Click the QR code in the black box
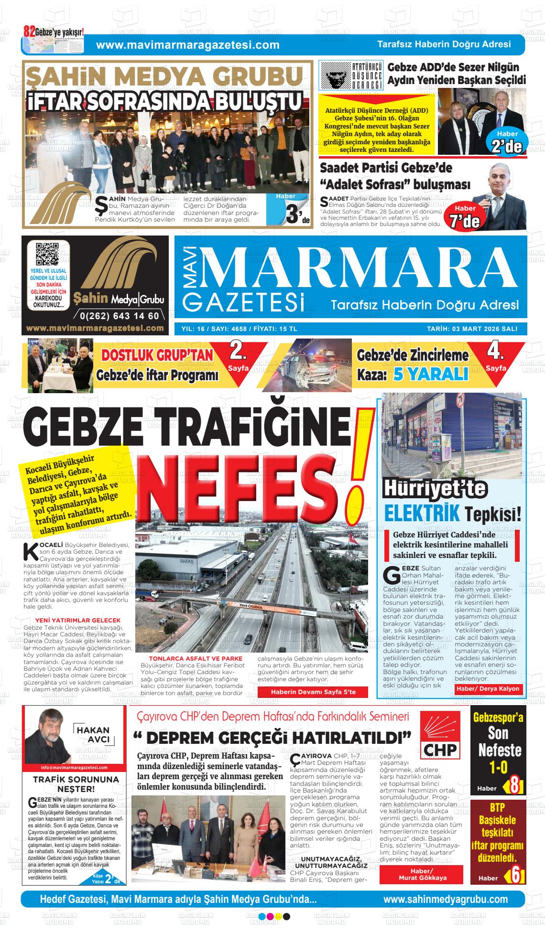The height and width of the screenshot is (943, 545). (x=48, y=255)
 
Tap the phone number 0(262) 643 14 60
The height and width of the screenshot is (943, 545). (x=120, y=316)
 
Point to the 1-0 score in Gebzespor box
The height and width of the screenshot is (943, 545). (x=498, y=768)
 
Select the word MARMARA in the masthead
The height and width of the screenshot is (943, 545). (x=356, y=271)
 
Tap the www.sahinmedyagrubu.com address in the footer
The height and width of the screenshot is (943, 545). (x=445, y=900)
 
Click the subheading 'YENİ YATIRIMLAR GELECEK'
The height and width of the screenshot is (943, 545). (x=76, y=620)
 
